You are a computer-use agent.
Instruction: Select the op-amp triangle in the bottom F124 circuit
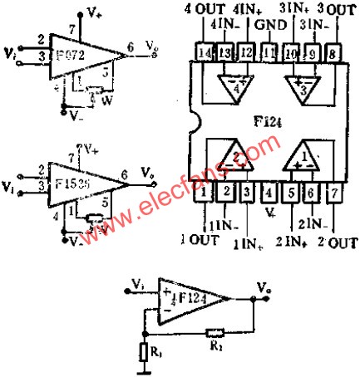click(191, 299)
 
